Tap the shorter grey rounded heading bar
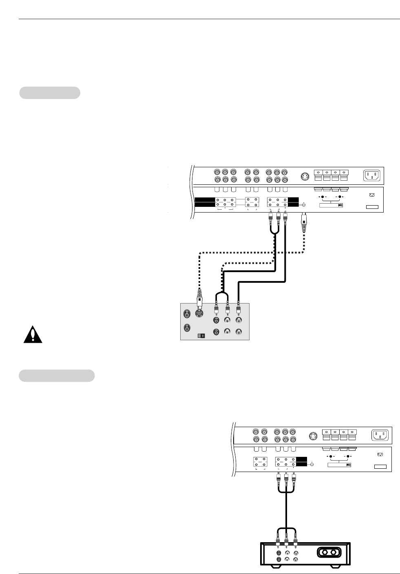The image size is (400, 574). coord(50,93)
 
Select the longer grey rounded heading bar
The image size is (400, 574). coord(57,376)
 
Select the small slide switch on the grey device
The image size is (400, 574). coord(200,335)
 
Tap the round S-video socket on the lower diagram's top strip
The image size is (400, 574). coord(313,436)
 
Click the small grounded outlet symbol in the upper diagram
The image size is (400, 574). coord(371,195)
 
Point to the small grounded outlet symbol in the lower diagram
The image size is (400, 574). coord(380,454)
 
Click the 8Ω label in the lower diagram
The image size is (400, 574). coord(348,465)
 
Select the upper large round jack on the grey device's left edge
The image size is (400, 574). coord(187,314)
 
